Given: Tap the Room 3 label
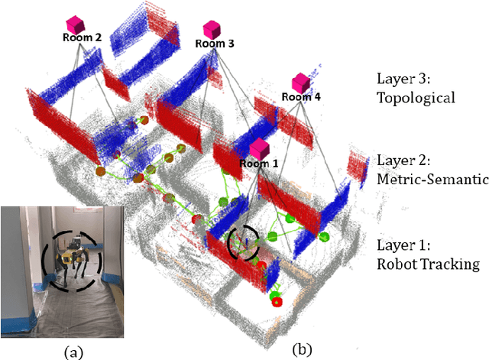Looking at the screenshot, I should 215,44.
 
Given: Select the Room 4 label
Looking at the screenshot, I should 301,96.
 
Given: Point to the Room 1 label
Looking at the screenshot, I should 260,162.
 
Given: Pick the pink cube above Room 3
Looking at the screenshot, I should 212,29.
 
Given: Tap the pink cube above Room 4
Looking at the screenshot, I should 301,82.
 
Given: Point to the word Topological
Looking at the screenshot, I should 416,97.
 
